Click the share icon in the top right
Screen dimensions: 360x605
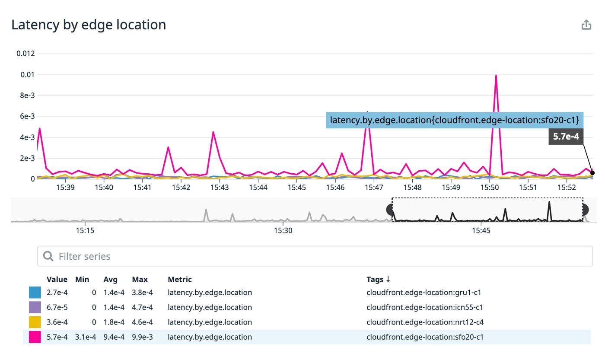pyautogui.click(x=586, y=25)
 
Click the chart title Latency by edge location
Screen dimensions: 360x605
pyautogui.click(x=89, y=25)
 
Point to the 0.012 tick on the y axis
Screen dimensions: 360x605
pyautogui.click(x=25, y=54)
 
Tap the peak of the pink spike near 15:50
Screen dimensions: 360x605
pyautogui.click(x=496, y=76)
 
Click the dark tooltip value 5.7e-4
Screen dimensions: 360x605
pyautogui.click(x=566, y=137)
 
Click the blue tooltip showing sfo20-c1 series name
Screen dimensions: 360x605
pyautogui.click(x=454, y=120)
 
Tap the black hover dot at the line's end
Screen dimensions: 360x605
pyautogui.click(x=592, y=173)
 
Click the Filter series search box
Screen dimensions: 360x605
pyautogui.click(x=315, y=256)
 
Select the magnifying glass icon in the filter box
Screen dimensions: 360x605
pyautogui.click(x=48, y=256)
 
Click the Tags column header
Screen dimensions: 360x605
pyautogui.click(x=378, y=279)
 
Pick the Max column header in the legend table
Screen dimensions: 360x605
pyautogui.click(x=140, y=279)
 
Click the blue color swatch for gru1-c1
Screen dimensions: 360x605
pyautogui.click(x=35, y=293)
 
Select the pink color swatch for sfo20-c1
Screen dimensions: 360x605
pyautogui.click(x=35, y=337)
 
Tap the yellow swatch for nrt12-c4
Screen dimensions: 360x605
pyautogui.click(x=35, y=322)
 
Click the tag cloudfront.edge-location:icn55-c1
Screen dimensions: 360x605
pyautogui.click(x=424, y=307)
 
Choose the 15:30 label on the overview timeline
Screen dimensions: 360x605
pyautogui.click(x=283, y=231)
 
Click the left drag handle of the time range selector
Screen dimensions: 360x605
pyautogui.click(x=391, y=210)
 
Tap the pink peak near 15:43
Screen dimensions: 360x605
pyautogui.click(x=213, y=132)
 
